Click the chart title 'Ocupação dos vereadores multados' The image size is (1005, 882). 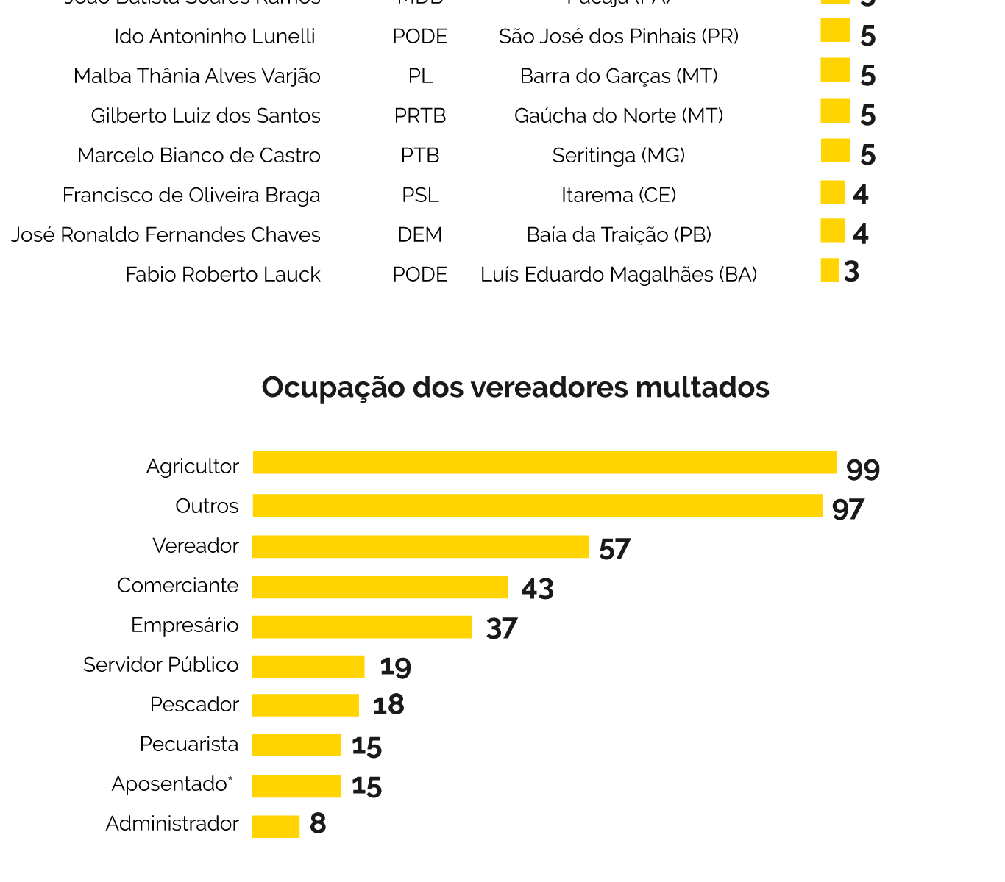coord(515,387)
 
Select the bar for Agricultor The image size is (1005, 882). coord(544,463)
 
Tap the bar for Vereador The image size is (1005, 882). coord(420,547)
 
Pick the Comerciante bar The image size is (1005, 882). coord(380,587)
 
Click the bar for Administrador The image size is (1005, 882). coord(276,826)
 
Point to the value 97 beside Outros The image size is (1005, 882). coord(848,509)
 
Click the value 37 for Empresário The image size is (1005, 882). coord(502,628)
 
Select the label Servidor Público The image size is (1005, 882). coord(161,665)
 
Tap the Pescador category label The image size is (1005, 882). coord(194,705)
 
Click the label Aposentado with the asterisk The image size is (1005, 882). coord(171,784)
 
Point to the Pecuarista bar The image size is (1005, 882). coord(296,745)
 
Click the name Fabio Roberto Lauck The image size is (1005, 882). coord(223,275)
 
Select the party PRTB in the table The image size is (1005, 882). coord(420,116)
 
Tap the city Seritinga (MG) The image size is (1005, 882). coord(619,156)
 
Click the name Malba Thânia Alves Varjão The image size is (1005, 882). coord(197,76)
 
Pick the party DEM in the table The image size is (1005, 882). coord(420,235)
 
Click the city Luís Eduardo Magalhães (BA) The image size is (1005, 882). coord(619,275)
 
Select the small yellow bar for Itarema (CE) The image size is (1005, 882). coord(832,193)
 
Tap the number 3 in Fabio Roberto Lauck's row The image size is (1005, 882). coord(851,272)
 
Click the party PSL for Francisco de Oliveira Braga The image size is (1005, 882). coord(420,196)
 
